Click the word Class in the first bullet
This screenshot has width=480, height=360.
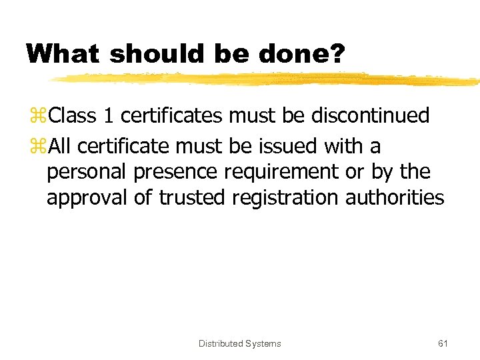73,116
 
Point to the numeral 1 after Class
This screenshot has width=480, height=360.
109,116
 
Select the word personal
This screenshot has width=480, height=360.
87,172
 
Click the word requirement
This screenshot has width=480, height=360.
283,172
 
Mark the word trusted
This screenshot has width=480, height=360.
191,198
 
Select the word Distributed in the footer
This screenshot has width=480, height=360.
221,343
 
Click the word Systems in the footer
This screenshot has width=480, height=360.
263,343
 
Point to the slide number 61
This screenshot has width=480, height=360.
443,343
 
